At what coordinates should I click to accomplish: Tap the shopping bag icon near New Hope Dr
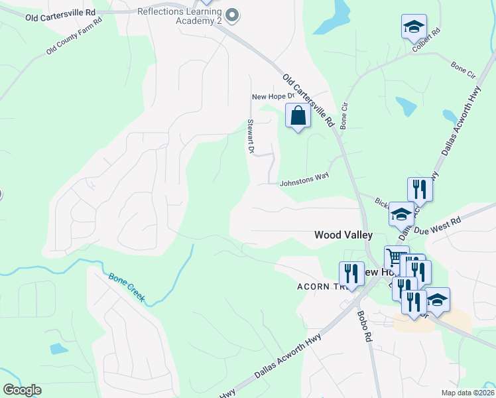tap(298, 116)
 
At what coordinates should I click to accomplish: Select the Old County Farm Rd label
tap(74, 36)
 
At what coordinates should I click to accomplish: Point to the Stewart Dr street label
tap(251, 137)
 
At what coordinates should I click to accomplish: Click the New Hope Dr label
tap(268, 97)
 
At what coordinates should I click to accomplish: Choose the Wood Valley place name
tap(343, 235)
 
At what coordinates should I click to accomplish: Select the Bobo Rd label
tap(365, 327)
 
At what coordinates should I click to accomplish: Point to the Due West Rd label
tap(437, 226)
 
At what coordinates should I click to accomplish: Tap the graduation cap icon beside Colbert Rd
tap(414, 27)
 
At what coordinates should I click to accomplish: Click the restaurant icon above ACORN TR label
tap(351, 273)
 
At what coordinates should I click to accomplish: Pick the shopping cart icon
tap(397, 257)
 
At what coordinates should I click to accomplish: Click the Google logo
tap(22, 390)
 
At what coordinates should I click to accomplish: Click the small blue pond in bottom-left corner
tap(59, 349)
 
